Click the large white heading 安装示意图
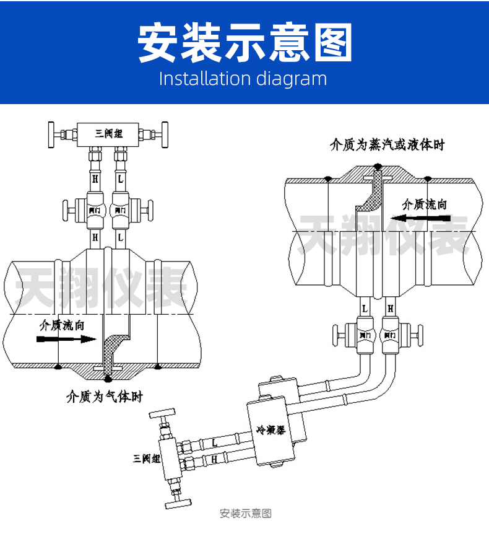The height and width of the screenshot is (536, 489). click(244, 43)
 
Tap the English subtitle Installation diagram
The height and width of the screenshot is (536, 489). click(243, 79)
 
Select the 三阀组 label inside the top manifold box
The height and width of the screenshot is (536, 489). click(108, 133)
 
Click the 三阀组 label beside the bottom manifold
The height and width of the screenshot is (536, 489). click(147, 459)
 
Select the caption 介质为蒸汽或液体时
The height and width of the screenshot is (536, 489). click(387, 145)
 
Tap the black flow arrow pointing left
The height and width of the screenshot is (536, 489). click(425, 218)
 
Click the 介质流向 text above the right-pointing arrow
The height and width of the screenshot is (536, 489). click(61, 324)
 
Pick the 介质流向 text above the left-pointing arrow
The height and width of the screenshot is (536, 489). click(425, 204)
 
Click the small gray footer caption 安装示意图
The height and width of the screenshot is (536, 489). click(246, 513)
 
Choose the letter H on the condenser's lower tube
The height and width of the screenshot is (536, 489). click(214, 459)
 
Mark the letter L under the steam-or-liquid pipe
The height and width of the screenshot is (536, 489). click(365, 307)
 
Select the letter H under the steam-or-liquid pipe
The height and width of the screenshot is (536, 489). click(390, 307)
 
